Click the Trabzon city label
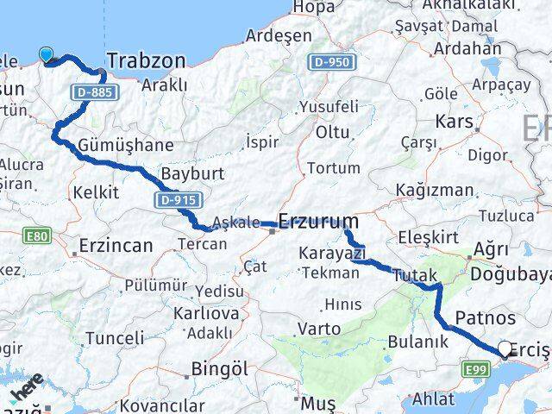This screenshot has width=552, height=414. coord(146,60)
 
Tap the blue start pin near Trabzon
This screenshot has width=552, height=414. coord(47,55)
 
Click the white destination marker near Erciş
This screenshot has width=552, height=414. coord(505,348)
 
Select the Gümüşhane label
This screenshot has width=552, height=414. coord(125,144)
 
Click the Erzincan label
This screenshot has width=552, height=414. coord(116,246)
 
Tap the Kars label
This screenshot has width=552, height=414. coord(455,122)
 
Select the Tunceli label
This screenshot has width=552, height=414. coord(116,337)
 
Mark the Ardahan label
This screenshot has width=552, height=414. coord(467,48)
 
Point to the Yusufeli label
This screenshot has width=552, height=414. coord(329,107)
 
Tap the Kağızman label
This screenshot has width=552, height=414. coord(434,190)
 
